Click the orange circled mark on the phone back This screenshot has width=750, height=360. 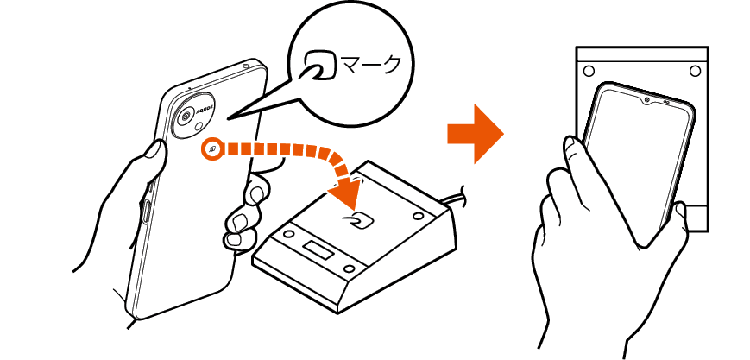click(213, 148)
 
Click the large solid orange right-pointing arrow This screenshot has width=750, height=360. click(475, 134)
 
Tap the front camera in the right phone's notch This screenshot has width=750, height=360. click(646, 100)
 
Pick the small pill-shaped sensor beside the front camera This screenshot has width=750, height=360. click(665, 103)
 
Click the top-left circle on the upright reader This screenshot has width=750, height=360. click(589, 72)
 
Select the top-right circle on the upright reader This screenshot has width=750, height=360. click(695, 72)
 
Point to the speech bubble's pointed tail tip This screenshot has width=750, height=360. click(228, 119)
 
